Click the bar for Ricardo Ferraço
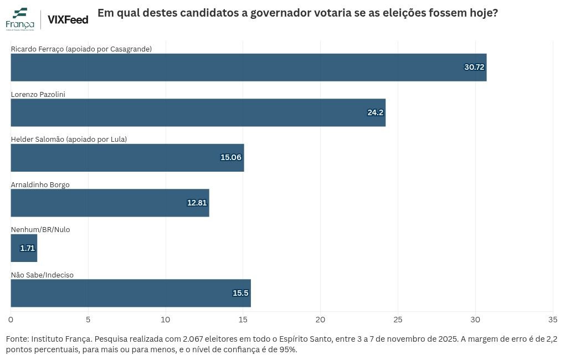(x=249, y=68)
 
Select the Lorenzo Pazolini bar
(x=198, y=112)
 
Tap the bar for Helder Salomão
(x=127, y=158)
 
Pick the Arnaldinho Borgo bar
(x=110, y=203)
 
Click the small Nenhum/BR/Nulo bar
(x=24, y=248)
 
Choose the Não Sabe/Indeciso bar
(x=131, y=293)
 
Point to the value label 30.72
(x=474, y=67)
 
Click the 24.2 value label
(x=376, y=112)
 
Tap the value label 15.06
(x=231, y=157)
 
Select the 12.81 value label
(x=197, y=203)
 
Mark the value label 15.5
(x=240, y=293)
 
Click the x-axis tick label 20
(x=320, y=320)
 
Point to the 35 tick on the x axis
(x=553, y=320)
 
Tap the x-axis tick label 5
(x=88, y=320)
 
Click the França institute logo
(x=20, y=19)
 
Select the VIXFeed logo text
(x=68, y=19)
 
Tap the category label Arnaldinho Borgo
(x=40, y=184)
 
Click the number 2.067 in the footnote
(x=193, y=339)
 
